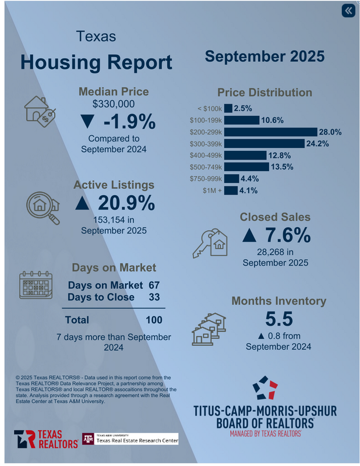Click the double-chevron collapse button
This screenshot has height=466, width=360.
pos(348,11)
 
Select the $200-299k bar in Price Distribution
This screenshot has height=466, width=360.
pos(271,132)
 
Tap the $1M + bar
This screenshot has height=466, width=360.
pos(231,190)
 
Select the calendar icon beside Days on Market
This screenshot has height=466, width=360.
pos(36,285)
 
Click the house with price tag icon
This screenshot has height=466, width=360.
pos(40,110)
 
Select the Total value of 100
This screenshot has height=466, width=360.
pos(154,320)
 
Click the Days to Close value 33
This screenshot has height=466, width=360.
pos(154,297)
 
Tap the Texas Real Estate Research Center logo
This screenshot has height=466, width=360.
pos(130,439)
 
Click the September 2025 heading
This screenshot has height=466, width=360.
pos(264,57)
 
